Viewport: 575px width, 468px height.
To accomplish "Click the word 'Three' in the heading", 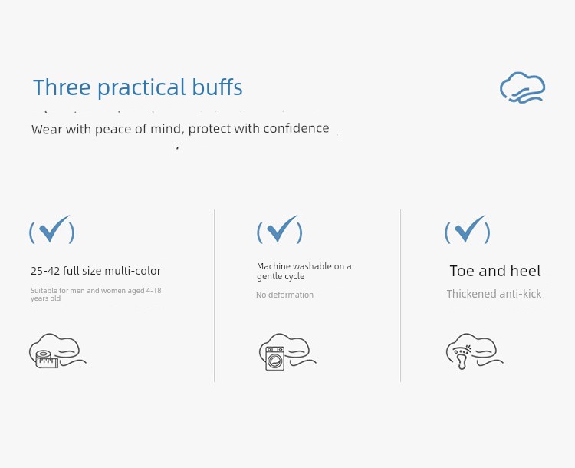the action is point(61,87).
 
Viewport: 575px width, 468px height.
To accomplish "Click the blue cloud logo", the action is point(523,87).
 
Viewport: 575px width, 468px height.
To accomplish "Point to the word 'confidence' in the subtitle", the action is point(296,128).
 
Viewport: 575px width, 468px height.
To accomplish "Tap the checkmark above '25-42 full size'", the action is point(54,229).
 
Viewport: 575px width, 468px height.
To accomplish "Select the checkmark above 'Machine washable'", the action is point(281,229).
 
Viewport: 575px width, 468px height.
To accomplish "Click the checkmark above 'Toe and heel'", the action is point(469,229).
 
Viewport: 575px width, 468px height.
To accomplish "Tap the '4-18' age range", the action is point(153,290).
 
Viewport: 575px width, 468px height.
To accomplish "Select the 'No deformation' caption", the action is point(285,295).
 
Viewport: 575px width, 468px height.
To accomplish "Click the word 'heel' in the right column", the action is point(525,271).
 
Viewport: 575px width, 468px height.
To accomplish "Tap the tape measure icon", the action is point(47,359).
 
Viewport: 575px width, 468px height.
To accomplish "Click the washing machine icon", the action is point(275,358).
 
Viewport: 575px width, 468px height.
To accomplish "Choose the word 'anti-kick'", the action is point(521,294).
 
